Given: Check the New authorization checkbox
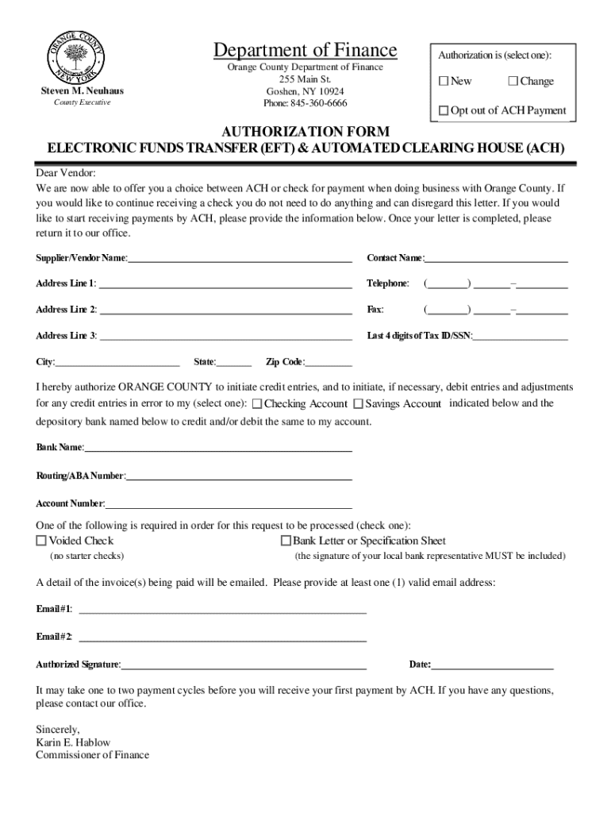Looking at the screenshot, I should coord(444,82).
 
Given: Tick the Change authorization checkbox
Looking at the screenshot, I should coord(513,82).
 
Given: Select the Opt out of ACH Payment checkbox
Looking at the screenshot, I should coord(444,110).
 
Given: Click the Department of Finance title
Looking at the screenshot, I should coord(305,52).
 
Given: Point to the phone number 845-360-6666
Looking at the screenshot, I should coord(305,103).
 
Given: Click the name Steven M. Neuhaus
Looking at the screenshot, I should coord(83,91).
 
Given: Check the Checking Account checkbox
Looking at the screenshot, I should coord(257,404).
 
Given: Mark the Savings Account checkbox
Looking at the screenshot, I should coord(359,404).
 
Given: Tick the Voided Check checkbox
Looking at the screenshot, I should coord(41,541).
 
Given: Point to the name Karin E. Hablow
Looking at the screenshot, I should coord(73,742).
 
